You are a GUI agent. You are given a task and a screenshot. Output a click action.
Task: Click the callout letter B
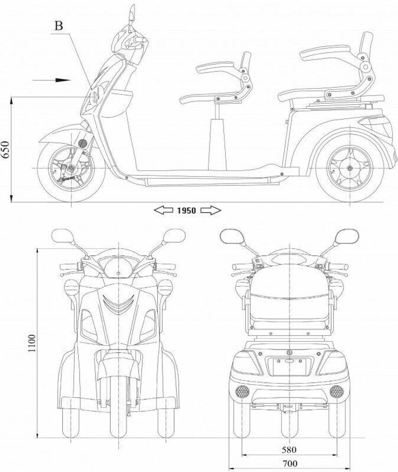[x=58, y=25]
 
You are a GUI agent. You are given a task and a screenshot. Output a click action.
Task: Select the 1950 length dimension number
[x=187, y=211]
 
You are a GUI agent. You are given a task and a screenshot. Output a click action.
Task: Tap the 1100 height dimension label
[x=32, y=343]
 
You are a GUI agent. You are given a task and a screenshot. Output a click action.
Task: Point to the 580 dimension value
[x=289, y=449]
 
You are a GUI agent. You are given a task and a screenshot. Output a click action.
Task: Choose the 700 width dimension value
[x=289, y=463]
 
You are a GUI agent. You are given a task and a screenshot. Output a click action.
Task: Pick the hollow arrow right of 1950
[x=211, y=211]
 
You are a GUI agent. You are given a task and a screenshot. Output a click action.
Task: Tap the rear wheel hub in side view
[x=350, y=168]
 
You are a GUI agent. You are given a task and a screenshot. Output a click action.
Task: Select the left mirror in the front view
[x=62, y=236]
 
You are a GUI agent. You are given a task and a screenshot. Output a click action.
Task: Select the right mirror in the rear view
[x=346, y=236]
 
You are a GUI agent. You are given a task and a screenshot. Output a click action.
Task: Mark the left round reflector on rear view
[x=242, y=392]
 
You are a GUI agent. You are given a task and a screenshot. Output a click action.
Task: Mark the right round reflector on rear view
[x=336, y=392]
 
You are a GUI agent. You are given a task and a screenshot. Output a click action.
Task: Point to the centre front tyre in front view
[x=119, y=410]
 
